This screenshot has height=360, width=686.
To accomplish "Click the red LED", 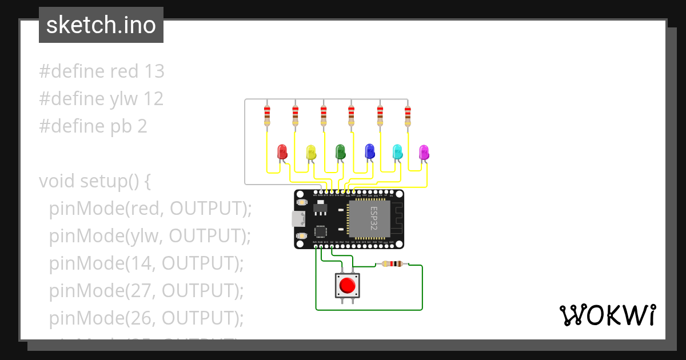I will click(x=282, y=151).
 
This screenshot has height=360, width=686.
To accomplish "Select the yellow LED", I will click(x=311, y=151).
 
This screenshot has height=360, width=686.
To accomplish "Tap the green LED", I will click(x=340, y=151).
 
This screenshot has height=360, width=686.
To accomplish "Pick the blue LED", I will click(x=369, y=151).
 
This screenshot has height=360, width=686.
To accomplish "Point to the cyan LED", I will click(x=397, y=151).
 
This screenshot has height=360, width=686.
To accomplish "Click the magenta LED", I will click(x=424, y=152).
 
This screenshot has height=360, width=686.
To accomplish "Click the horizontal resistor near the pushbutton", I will click(x=392, y=264).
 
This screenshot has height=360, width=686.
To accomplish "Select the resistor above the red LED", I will click(x=267, y=115).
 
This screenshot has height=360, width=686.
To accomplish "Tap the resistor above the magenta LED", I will click(x=408, y=115).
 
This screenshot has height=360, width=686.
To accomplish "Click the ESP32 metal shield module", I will click(x=369, y=219).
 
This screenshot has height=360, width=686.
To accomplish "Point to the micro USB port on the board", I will click(x=298, y=219).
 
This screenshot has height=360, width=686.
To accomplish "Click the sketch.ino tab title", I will click(x=101, y=25).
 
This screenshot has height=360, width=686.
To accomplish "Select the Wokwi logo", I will click(x=607, y=315).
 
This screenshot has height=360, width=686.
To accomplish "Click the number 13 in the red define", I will click(x=154, y=71).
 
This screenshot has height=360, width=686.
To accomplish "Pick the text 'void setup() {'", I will click(x=94, y=181).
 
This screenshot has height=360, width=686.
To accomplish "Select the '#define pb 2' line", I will click(x=93, y=126).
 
